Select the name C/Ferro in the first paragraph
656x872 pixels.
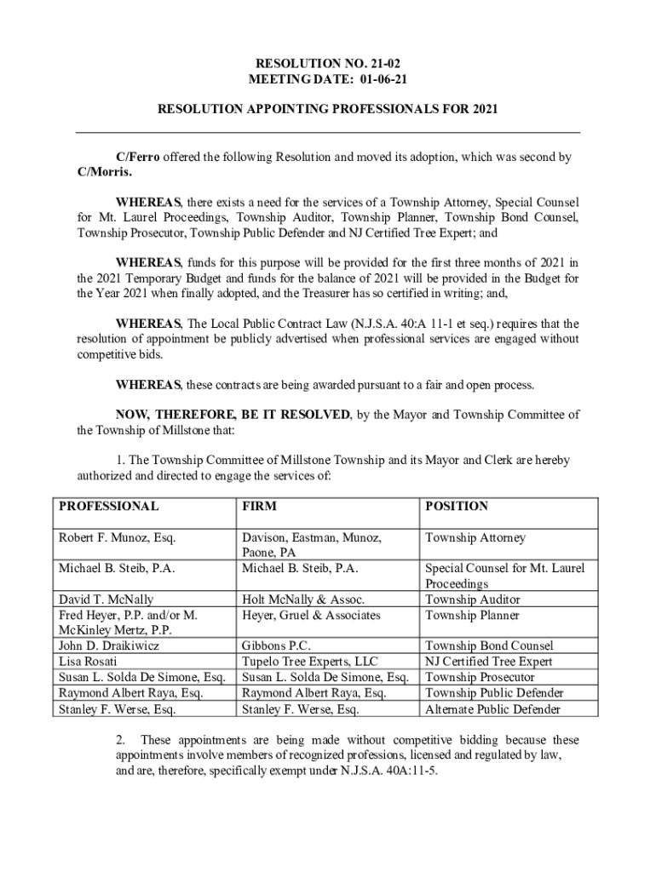(138, 158)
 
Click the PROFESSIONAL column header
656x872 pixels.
(108, 506)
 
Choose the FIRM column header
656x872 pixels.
(259, 506)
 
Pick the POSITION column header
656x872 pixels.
(457, 506)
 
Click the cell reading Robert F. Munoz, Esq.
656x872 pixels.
(117, 537)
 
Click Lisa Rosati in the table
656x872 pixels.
(89, 662)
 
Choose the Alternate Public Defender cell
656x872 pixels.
(492, 709)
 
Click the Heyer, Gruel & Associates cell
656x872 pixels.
(311, 615)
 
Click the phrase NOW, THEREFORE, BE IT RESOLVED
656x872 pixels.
(233, 415)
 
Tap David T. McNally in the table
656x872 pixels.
(106, 599)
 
